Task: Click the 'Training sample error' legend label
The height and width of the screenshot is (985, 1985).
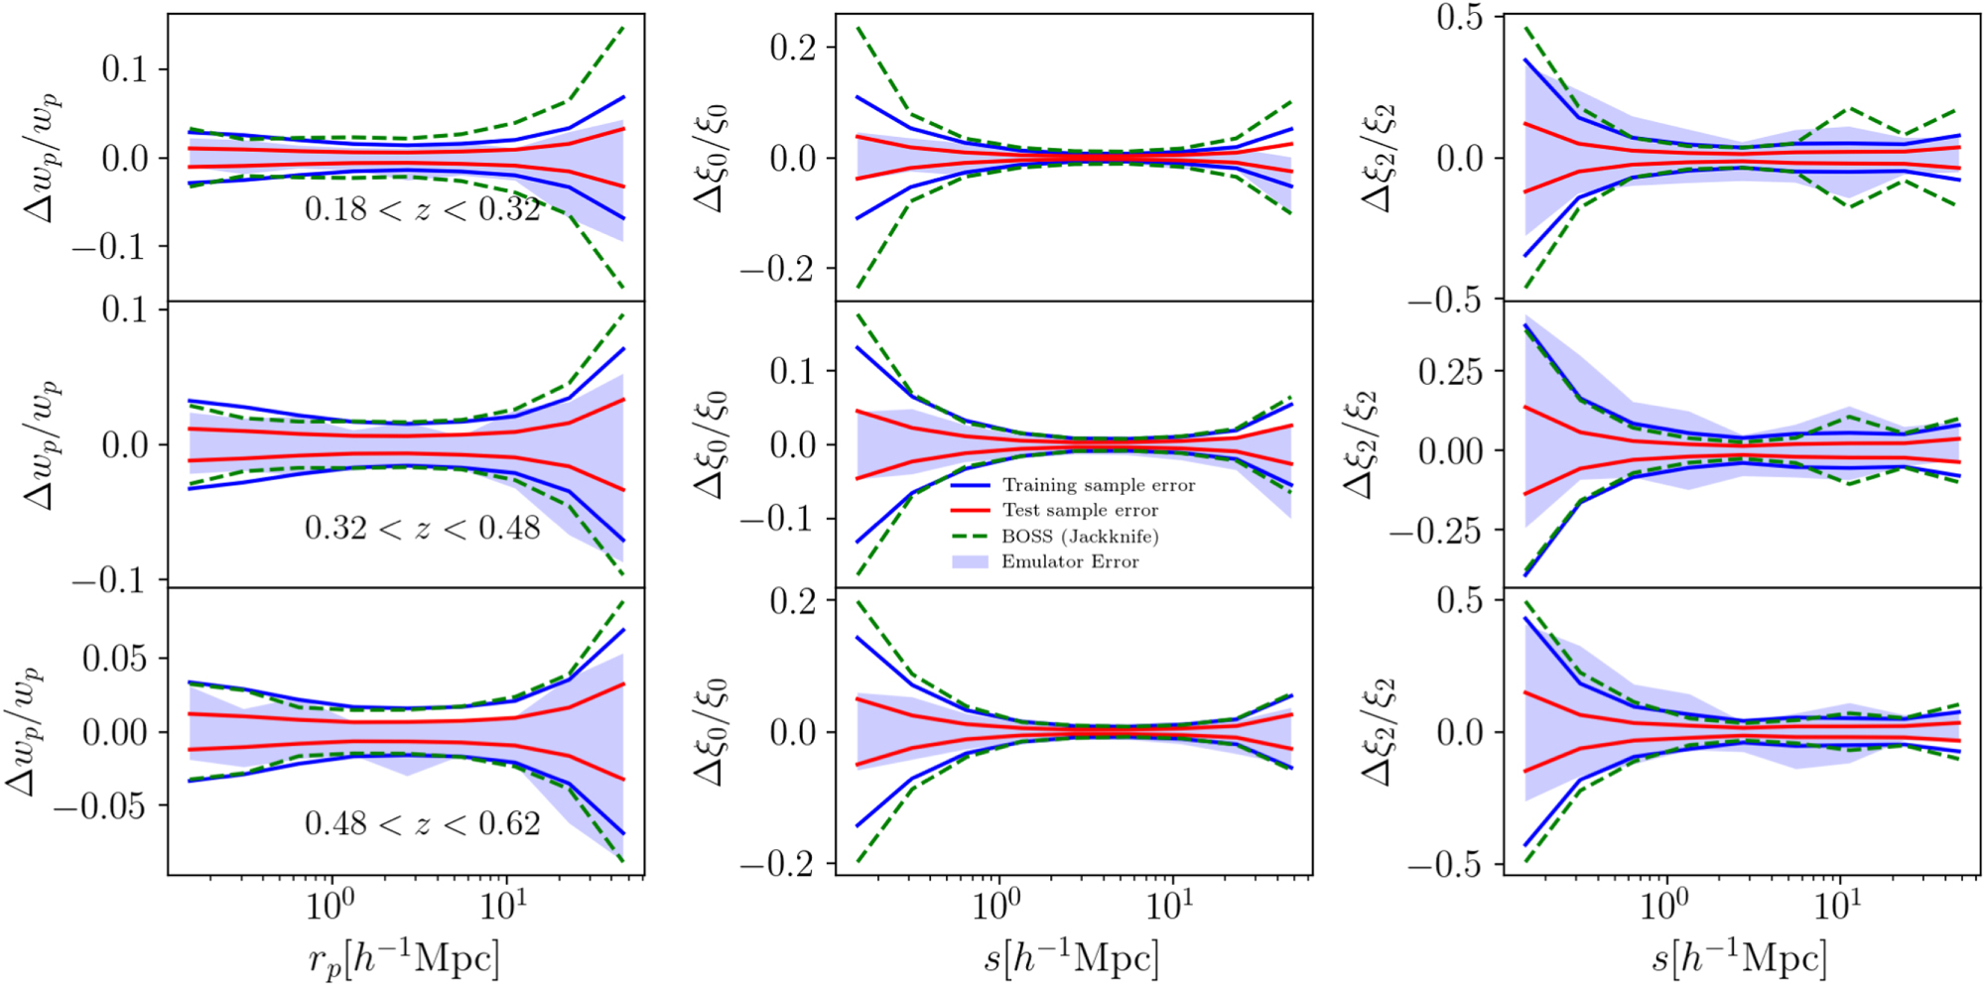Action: (x=1098, y=485)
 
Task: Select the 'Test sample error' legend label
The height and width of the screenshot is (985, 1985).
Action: (x=1080, y=510)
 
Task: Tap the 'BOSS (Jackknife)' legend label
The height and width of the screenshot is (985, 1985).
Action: (x=1080, y=537)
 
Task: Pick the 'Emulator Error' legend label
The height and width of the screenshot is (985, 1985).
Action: (x=1070, y=561)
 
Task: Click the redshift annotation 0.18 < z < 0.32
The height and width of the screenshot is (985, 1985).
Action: (x=423, y=209)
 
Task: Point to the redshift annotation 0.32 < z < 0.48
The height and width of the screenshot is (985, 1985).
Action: (x=423, y=528)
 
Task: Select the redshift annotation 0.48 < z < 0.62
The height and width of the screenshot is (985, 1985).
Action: (x=423, y=823)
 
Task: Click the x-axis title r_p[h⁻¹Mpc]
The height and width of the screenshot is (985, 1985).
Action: (x=404, y=958)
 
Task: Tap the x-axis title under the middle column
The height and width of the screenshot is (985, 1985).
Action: (x=1072, y=958)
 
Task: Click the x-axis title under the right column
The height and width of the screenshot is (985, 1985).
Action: (x=1740, y=958)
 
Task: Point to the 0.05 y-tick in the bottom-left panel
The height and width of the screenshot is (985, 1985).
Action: (x=114, y=658)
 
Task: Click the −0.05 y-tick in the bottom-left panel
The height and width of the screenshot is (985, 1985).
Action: (x=100, y=806)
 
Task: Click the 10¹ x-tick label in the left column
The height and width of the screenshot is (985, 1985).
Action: (x=504, y=905)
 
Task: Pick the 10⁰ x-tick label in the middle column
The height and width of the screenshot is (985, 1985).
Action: (x=996, y=905)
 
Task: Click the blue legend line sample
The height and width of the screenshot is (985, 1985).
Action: (x=971, y=486)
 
